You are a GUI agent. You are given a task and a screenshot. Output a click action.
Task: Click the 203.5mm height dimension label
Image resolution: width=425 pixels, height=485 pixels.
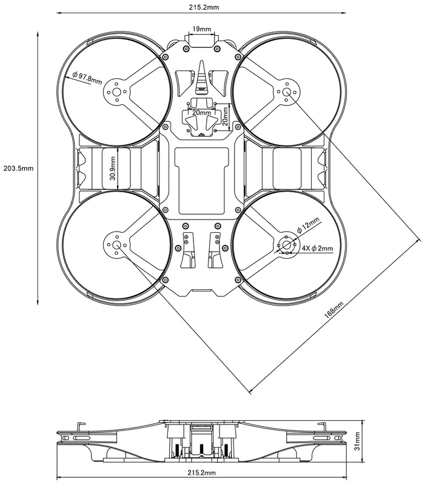click(18, 168)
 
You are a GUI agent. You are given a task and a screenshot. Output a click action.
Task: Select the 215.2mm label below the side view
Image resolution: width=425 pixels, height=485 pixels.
click(204, 472)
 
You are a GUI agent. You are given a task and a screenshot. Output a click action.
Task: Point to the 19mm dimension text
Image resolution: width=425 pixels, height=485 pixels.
click(202, 29)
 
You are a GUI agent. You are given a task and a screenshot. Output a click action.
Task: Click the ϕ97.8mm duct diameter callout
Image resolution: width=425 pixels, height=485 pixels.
click(87, 77)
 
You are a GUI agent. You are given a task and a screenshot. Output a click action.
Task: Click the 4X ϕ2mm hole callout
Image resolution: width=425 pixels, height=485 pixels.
click(318, 247)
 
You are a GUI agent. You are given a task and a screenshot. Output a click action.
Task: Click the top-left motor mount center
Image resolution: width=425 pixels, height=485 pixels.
click(115, 92)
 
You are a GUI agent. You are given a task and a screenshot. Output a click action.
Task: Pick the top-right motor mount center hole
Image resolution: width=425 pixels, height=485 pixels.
click(288, 92)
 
